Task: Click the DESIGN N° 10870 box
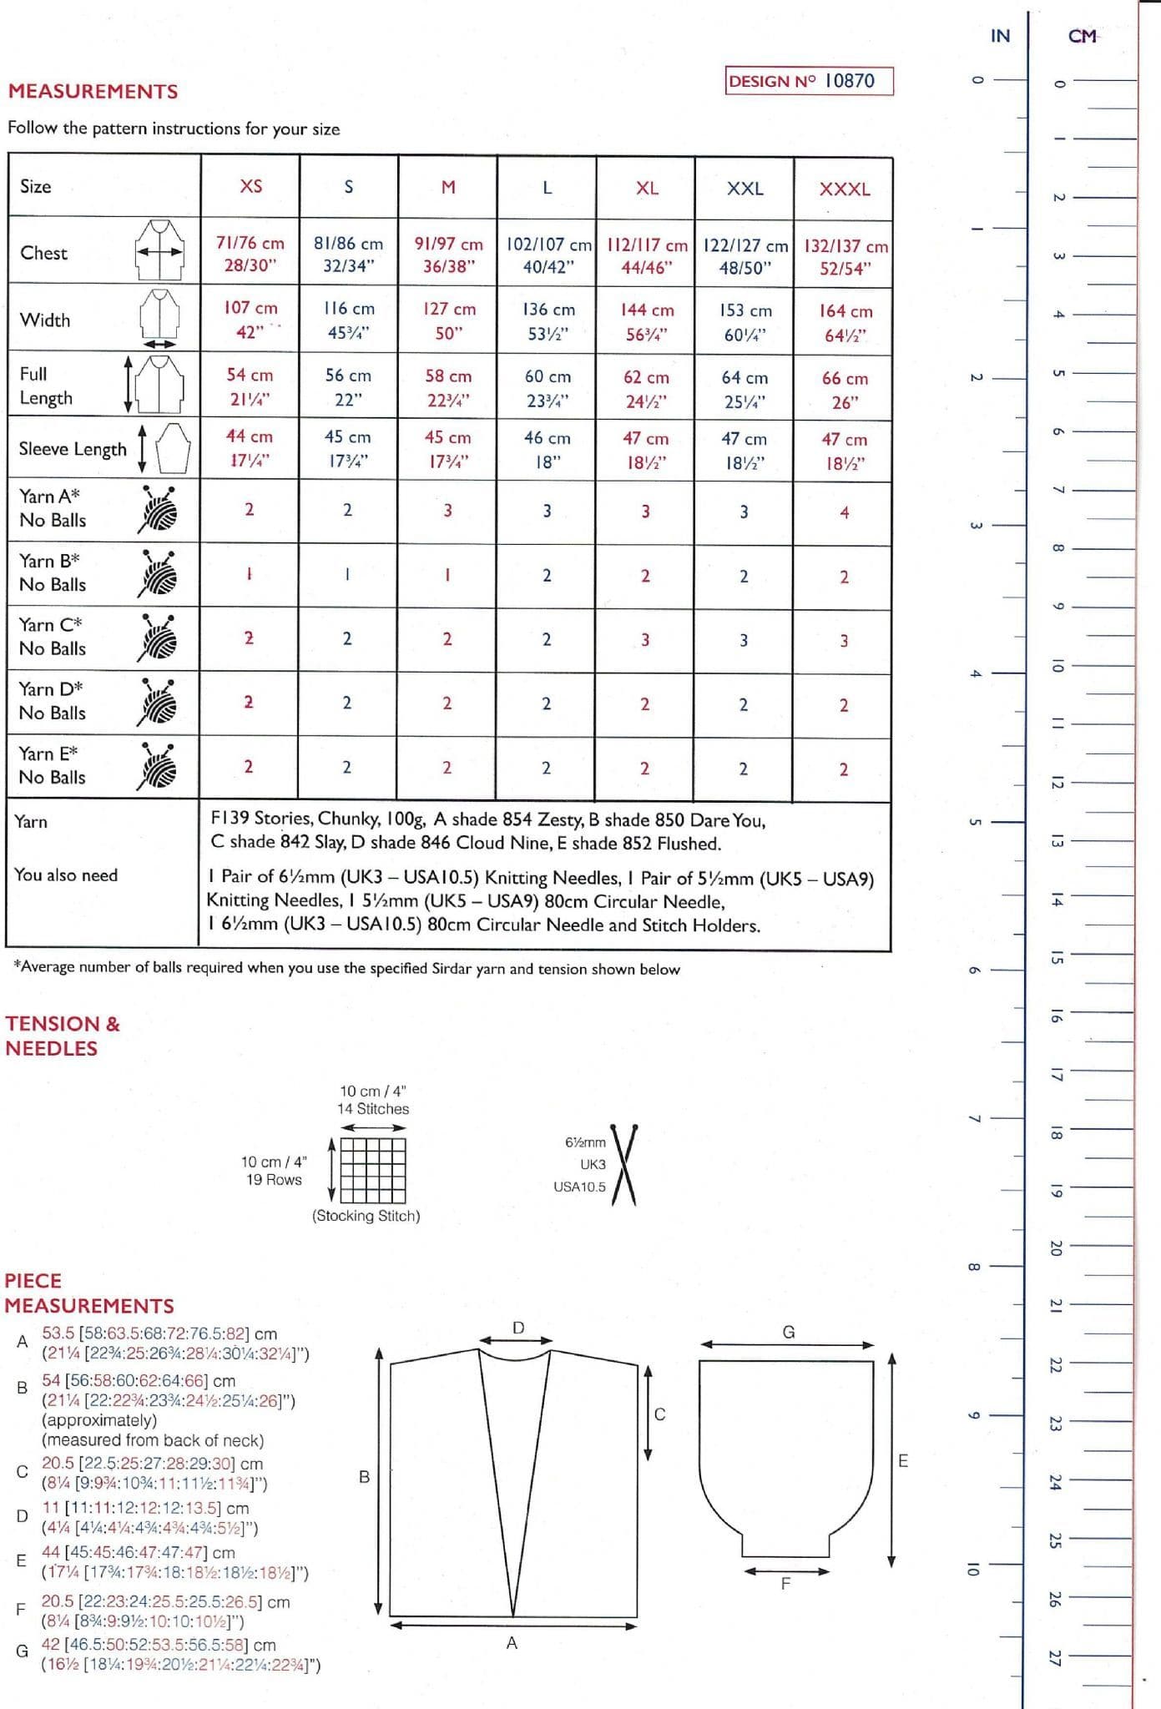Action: pos(809,81)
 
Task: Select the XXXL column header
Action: pos(844,189)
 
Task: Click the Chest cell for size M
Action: pos(448,255)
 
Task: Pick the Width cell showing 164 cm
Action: pos(845,322)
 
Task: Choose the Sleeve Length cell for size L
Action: pos(547,449)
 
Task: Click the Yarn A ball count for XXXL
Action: pos(844,512)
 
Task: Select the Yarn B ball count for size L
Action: pos(547,576)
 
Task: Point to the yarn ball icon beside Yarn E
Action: pos(157,765)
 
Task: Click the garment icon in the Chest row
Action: pos(159,250)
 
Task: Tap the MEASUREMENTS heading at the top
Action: pos(93,92)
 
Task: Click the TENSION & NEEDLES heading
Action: pos(63,1036)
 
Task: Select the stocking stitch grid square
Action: pos(372,1169)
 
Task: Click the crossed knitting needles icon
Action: pos(624,1164)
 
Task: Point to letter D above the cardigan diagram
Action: pos(518,1327)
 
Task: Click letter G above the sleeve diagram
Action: pos(788,1332)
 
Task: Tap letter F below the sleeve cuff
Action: pos(785,1583)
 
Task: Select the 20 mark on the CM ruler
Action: pos(1056,1248)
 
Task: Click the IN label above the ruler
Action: pos(1000,36)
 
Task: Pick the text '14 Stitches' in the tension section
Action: pos(373,1109)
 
